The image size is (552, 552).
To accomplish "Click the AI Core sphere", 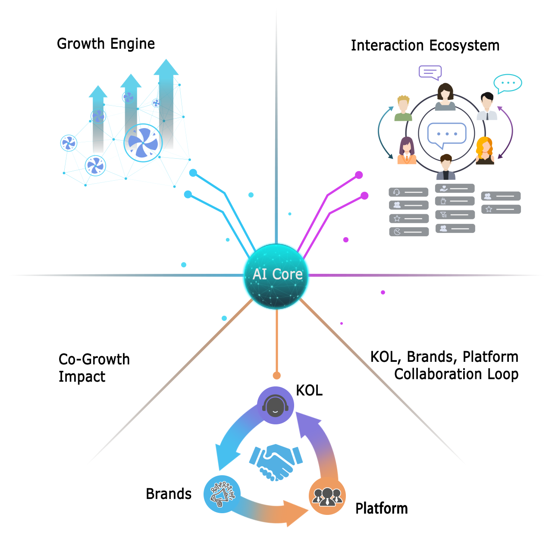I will point(276,276).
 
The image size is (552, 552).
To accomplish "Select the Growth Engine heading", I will point(106,44).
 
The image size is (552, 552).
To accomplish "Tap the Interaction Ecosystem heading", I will point(425,45).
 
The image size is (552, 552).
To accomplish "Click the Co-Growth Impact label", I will point(94,368).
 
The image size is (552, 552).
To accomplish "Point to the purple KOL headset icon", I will point(276,405).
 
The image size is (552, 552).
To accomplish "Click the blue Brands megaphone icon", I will point(222,494).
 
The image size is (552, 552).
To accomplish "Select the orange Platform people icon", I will point(327,496).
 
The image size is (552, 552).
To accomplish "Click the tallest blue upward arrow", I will point(166,103).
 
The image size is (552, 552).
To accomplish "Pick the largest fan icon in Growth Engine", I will point(143,143).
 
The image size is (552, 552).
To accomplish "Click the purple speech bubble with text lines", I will point(430,72).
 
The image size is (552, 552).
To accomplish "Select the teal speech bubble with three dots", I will point(508,83).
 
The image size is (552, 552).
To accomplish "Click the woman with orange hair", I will point(485,151).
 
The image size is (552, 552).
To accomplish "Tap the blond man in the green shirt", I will point(403,109).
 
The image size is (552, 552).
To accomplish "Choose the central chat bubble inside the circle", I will point(447,134).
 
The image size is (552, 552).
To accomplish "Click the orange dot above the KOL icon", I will point(277,376).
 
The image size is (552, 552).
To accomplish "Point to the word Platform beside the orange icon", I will point(381,508).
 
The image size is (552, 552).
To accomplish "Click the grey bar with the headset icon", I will point(408,192).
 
